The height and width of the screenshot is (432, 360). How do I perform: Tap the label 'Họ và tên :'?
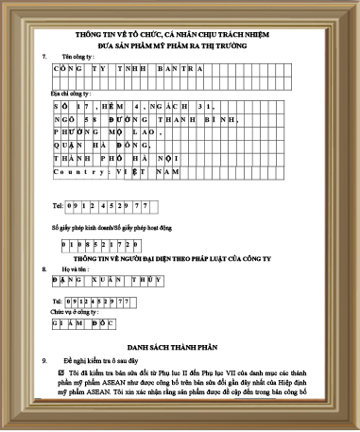(76, 268)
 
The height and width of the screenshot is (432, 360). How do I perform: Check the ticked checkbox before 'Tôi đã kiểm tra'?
(62, 374)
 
